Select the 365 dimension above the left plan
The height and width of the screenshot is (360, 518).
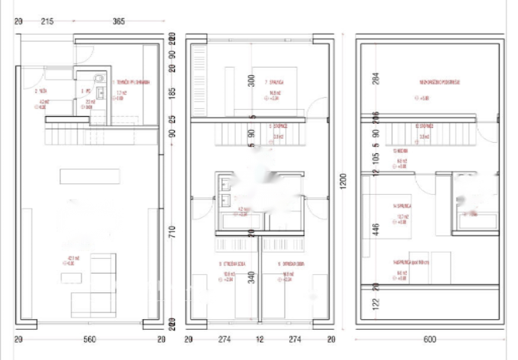(x=119, y=21)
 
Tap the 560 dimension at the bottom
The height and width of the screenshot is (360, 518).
(x=90, y=340)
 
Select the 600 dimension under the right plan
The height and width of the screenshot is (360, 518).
(x=430, y=340)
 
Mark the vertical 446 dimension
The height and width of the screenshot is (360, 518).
(x=374, y=230)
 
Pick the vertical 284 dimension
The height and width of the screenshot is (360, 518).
(x=374, y=78)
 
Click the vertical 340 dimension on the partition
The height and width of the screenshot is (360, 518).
(x=251, y=277)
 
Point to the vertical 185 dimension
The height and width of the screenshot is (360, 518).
(x=172, y=93)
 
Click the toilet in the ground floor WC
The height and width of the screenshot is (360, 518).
(x=99, y=78)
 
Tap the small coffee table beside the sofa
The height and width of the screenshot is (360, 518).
(x=67, y=278)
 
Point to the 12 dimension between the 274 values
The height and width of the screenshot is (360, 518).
(x=258, y=340)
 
